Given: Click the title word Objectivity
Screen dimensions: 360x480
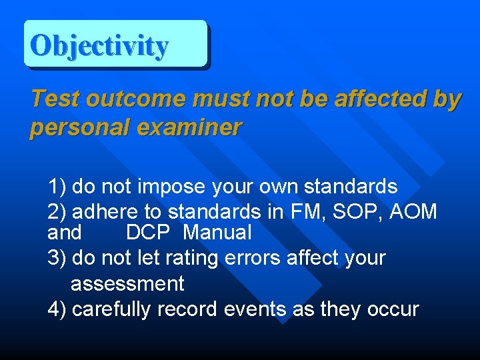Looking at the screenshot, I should coord(99,45).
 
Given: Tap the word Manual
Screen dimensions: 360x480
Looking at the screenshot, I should coord(217,233).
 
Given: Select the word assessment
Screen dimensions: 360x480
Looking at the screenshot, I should coord(127,284).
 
